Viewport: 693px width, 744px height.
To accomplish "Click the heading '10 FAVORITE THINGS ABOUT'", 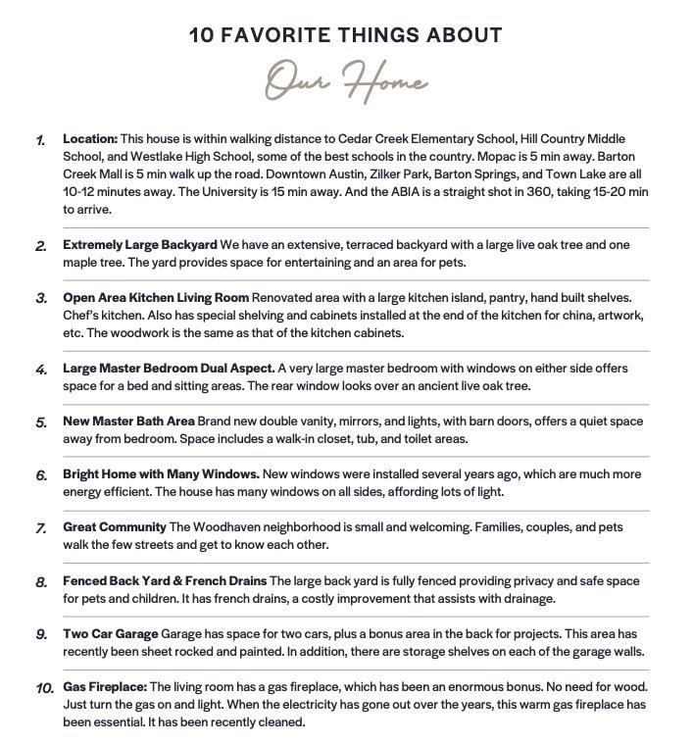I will (346, 35).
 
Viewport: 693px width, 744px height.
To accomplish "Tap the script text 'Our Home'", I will (346, 81).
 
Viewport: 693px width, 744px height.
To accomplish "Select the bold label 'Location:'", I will (90, 139).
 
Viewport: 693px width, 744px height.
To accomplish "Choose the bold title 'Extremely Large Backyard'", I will (140, 245).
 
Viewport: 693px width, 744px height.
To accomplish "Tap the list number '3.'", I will (41, 299).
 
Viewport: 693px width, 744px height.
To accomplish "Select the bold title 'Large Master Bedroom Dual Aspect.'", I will (169, 369).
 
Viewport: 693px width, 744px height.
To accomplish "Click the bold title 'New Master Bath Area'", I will (128, 422).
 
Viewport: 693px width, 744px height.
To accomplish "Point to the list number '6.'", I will (41, 475).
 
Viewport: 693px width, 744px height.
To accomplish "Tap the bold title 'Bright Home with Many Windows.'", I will (161, 474).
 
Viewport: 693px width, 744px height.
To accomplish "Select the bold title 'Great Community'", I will (114, 527).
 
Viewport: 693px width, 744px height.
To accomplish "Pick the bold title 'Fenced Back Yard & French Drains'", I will (165, 581).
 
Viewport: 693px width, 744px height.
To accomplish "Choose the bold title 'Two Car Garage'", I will (110, 634).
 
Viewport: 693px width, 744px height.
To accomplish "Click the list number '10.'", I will (44, 688).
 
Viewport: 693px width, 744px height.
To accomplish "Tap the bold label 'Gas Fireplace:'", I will (105, 687).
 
